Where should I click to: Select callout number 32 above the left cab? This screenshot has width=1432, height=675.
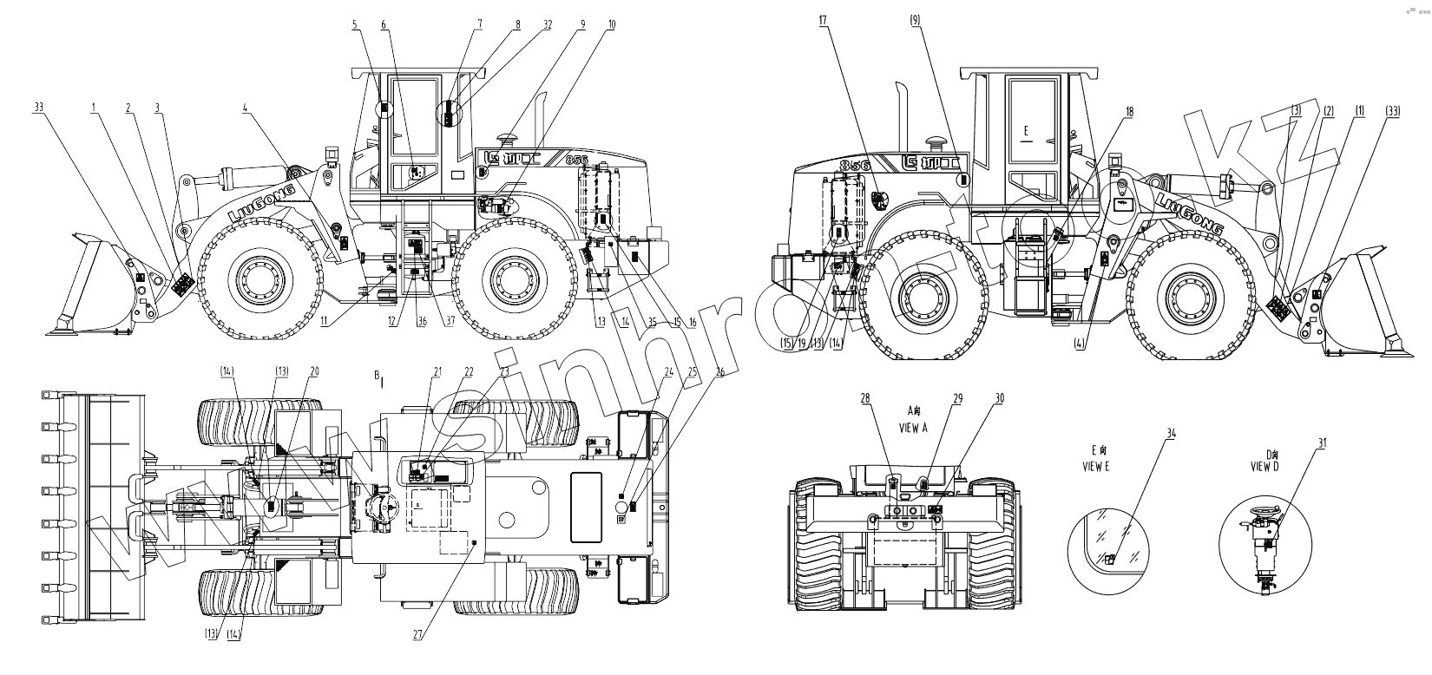[548, 25]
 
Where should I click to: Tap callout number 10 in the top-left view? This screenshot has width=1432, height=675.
[611, 25]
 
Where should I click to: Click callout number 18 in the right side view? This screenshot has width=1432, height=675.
[1129, 112]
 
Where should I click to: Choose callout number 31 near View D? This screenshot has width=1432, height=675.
[1322, 443]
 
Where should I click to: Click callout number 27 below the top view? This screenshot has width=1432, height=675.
[417, 634]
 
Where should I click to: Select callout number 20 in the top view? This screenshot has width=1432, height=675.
[314, 370]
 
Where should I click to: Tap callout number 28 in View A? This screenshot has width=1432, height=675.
[864, 398]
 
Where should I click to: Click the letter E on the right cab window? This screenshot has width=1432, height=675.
[1027, 131]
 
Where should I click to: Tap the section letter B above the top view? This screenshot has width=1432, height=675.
[377, 375]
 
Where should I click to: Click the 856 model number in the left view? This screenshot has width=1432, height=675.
[576, 160]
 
